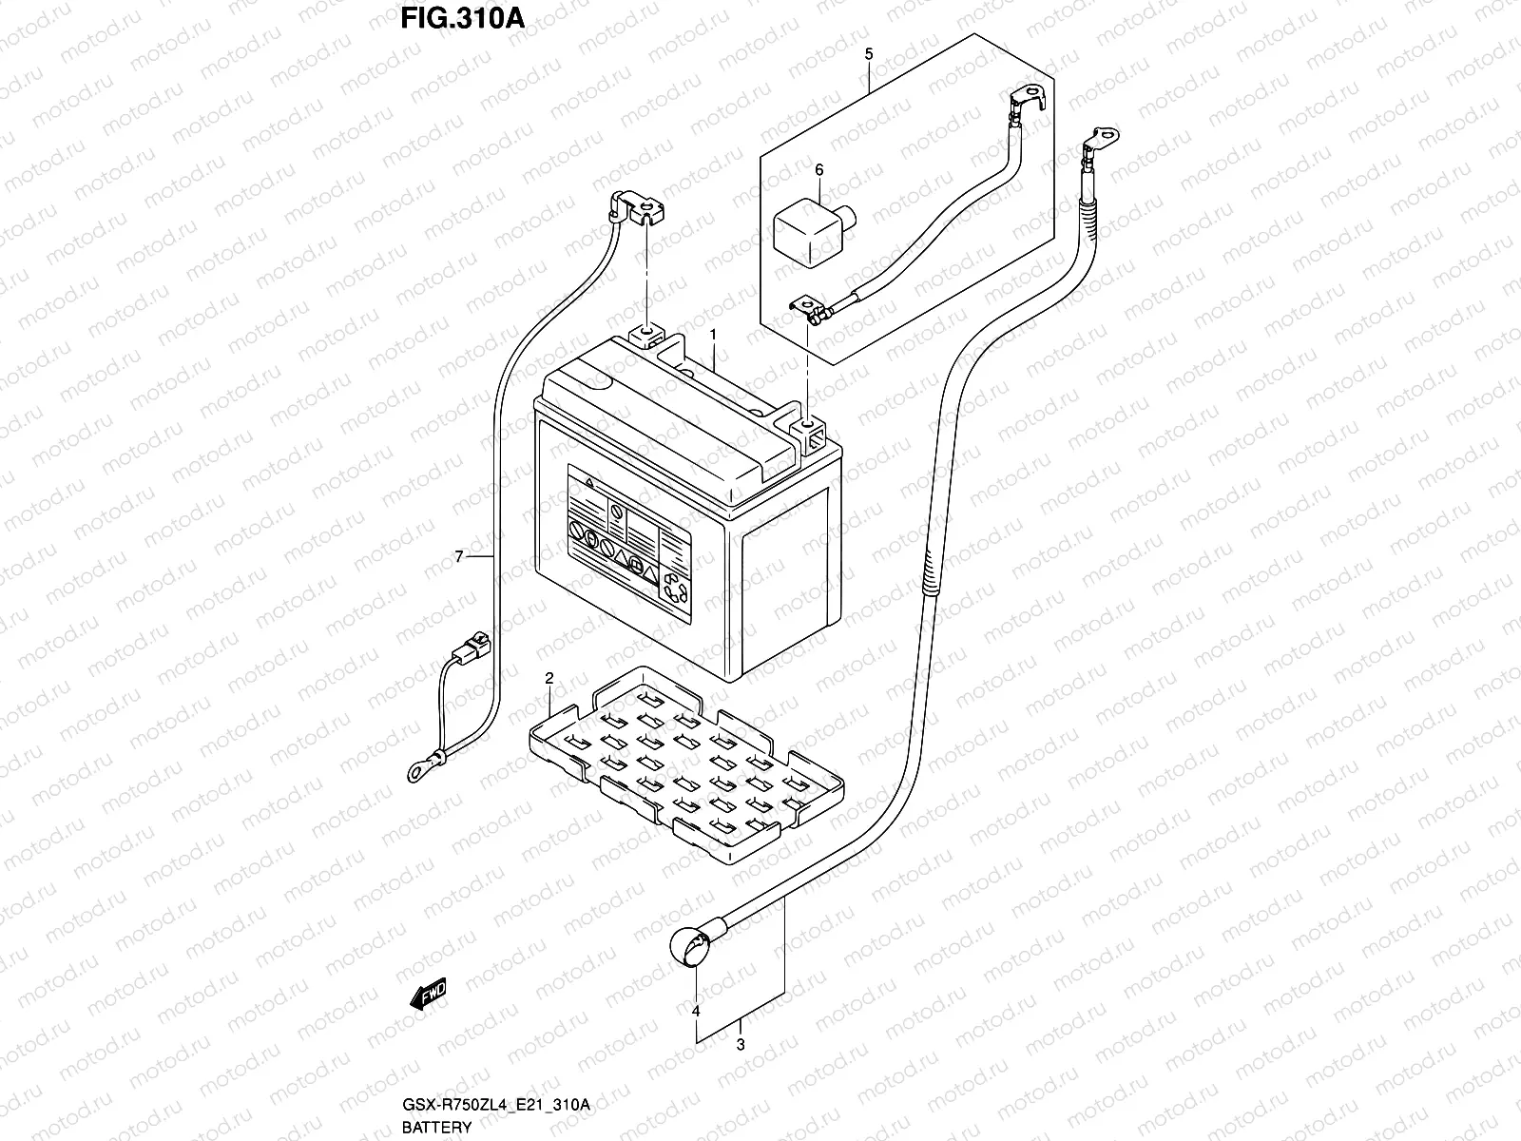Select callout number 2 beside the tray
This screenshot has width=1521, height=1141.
point(549,678)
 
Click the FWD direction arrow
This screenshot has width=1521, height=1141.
point(429,995)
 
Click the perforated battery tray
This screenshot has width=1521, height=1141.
point(684,761)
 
